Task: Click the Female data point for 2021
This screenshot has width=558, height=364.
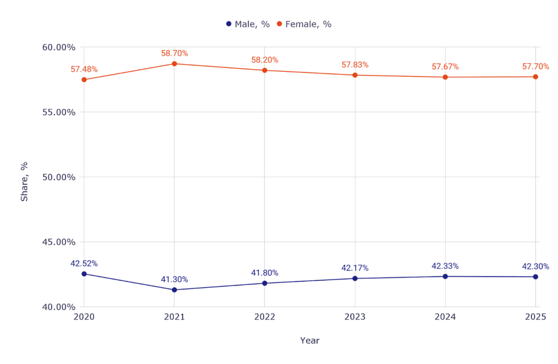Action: (174, 64)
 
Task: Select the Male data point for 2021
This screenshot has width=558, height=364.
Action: (174, 290)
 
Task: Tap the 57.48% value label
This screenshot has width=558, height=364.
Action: (84, 70)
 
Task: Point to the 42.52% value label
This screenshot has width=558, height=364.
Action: (84, 263)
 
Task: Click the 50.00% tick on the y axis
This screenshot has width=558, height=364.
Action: (58, 177)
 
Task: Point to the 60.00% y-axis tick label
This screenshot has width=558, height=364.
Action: (58, 47)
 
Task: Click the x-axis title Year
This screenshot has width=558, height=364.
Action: (310, 341)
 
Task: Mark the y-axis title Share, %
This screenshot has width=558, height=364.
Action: (25, 182)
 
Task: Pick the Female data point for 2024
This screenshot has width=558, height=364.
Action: (445, 77)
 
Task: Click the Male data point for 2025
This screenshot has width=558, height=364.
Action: (536, 277)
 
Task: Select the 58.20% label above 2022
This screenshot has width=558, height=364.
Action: (265, 60)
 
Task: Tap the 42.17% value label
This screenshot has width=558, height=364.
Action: (355, 268)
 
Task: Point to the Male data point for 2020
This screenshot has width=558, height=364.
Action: (84, 274)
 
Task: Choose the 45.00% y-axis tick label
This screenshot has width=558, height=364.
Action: (58, 242)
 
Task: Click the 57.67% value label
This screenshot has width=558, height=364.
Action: (445, 67)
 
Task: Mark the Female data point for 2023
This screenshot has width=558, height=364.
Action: (355, 75)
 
